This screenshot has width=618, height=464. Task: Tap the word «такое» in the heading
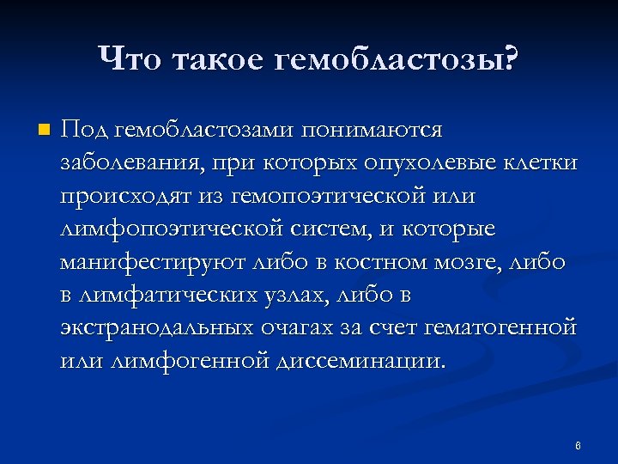click(x=218, y=59)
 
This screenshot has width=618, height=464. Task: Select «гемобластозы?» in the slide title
click(x=398, y=59)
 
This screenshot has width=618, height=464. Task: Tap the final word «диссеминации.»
click(x=361, y=360)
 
